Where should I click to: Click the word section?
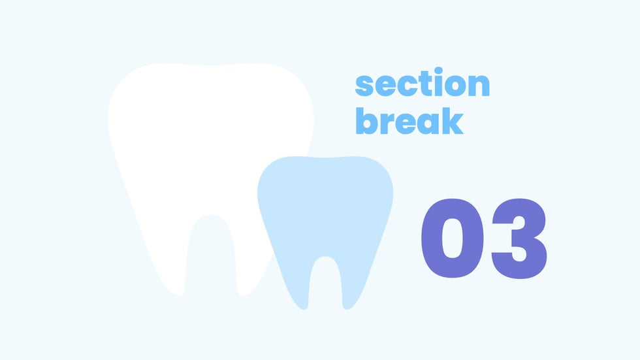(x=422, y=82)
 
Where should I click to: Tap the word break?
(x=409, y=121)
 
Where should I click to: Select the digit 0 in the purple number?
(x=452, y=238)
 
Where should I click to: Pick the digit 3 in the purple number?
(x=519, y=238)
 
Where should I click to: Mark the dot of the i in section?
(x=438, y=71)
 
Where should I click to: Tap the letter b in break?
(x=366, y=121)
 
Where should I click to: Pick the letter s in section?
(x=364, y=86)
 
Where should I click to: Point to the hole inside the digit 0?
(x=452, y=238)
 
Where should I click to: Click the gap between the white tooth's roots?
(x=210, y=253)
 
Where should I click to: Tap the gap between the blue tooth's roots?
(x=325, y=282)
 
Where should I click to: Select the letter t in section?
(x=425, y=84)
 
